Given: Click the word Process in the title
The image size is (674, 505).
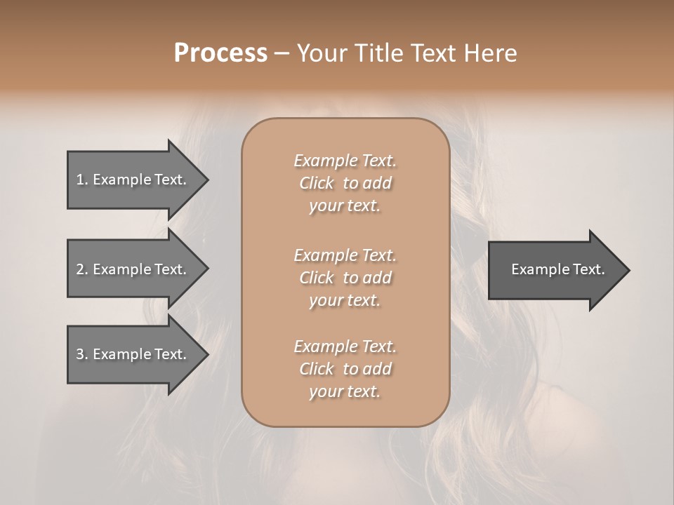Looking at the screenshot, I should (x=220, y=53).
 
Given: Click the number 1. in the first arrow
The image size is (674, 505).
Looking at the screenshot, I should (x=81, y=180).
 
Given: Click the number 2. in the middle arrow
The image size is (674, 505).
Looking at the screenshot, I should (x=81, y=269).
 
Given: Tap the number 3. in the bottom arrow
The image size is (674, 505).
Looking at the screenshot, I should (x=81, y=354).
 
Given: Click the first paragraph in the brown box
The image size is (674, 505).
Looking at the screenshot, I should (x=345, y=183).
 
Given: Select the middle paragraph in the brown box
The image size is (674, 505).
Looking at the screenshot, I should (x=345, y=278).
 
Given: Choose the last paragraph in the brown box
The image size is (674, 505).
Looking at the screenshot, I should (x=345, y=369).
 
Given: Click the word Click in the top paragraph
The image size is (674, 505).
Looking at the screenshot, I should (x=317, y=183).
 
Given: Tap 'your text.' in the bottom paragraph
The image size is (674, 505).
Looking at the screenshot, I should (x=345, y=391).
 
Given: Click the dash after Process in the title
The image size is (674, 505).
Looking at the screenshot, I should (x=282, y=53).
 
